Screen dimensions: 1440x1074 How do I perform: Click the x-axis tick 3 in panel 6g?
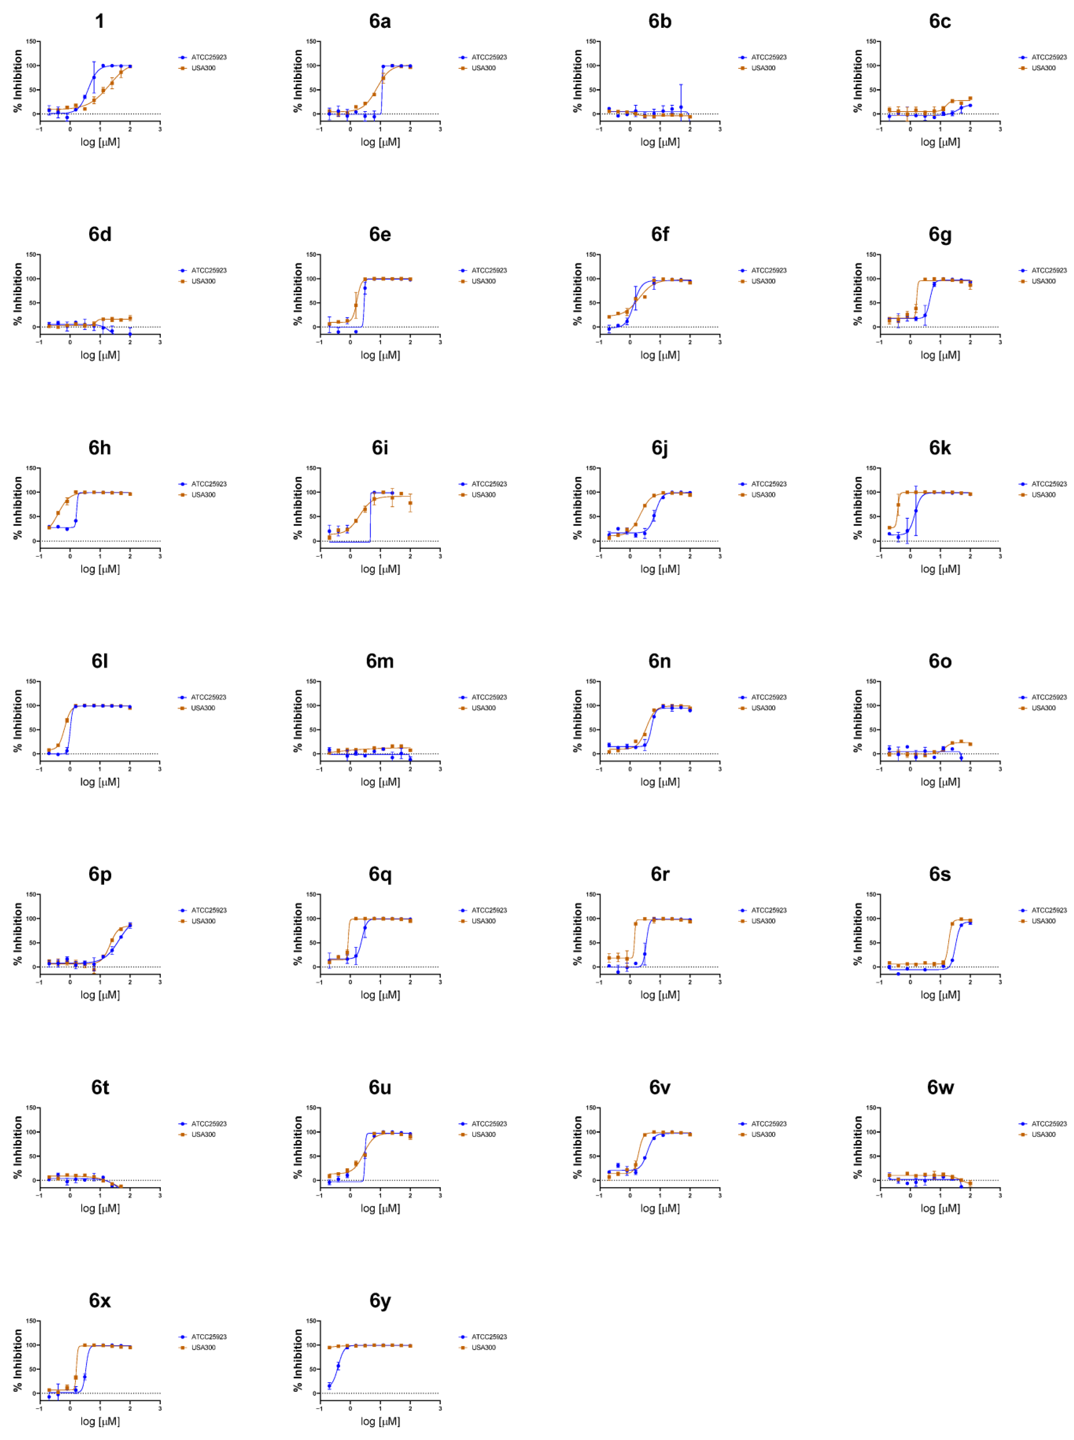click(1000, 342)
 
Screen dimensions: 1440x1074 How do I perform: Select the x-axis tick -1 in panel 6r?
click(599, 982)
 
